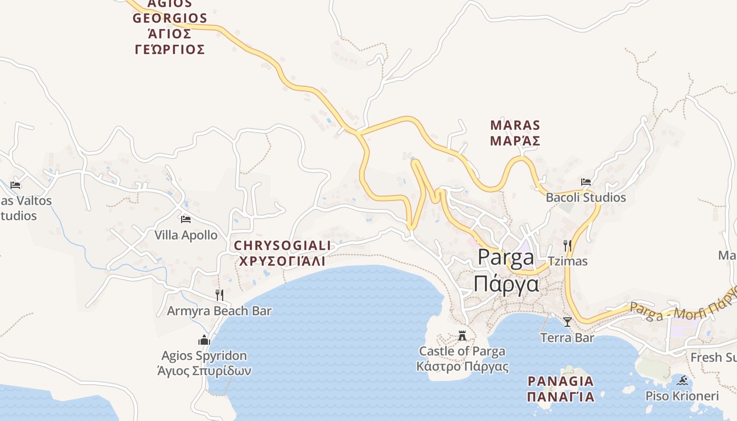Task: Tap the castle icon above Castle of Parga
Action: (x=462, y=335)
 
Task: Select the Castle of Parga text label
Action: (x=462, y=359)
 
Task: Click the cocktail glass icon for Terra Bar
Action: (x=567, y=322)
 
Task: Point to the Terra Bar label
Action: (x=567, y=338)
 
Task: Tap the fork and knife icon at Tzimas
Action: (x=567, y=245)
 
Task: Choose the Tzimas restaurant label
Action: (x=567, y=261)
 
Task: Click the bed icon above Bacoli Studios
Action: (x=585, y=182)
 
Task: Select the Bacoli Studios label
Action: (x=585, y=198)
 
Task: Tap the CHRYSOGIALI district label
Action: (x=282, y=253)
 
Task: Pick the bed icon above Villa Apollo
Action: (x=185, y=219)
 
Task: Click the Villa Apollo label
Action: (x=186, y=235)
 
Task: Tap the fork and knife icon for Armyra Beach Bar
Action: (x=219, y=295)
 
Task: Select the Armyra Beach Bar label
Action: (x=219, y=311)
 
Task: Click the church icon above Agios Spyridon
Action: (x=204, y=340)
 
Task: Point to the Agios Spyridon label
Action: (x=204, y=363)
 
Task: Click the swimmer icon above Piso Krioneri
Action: (x=683, y=380)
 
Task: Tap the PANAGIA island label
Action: (x=561, y=388)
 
